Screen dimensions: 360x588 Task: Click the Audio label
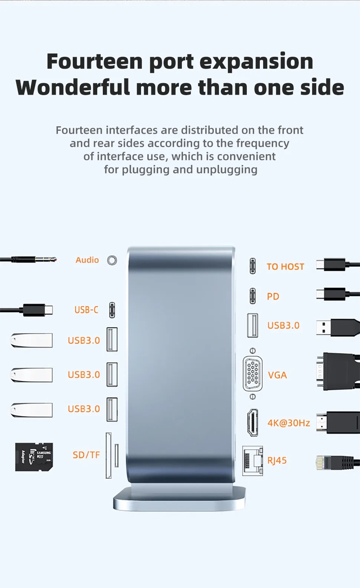[87, 260]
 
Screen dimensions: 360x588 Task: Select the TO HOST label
[285, 267]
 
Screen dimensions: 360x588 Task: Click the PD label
[273, 296]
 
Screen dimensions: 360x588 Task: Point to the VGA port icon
[252, 374]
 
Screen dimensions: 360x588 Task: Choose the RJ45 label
[277, 460]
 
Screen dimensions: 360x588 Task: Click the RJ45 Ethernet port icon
[252, 461]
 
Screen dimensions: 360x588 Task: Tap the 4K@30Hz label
[289, 423]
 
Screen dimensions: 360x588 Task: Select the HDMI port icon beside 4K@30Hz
[252, 423]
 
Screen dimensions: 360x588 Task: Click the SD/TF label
[86, 455]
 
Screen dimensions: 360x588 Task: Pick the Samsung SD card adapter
[34, 457]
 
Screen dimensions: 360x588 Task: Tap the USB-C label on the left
[86, 310]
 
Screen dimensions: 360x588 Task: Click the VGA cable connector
[338, 371]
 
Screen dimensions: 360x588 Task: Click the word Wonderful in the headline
[73, 87]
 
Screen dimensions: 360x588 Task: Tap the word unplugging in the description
[227, 170]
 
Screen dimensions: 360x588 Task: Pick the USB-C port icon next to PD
[252, 296]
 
